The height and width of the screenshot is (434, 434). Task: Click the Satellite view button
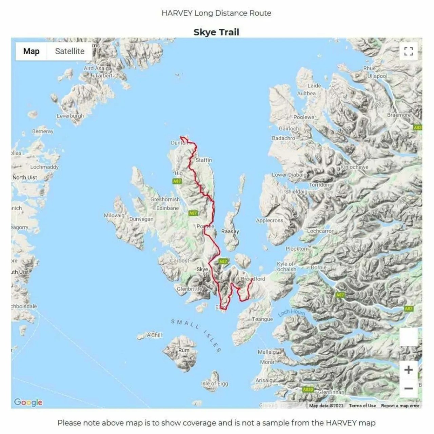click(70, 51)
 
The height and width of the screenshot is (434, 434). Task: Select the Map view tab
click(31, 51)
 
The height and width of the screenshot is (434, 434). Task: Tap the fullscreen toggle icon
click(408, 51)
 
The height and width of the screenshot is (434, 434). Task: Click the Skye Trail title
click(216, 32)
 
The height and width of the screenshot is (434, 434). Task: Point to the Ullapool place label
click(377, 76)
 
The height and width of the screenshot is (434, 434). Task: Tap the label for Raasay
click(230, 231)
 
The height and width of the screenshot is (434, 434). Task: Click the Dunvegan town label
click(141, 219)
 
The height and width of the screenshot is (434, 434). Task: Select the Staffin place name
click(204, 160)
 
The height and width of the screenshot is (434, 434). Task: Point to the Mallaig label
click(267, 352)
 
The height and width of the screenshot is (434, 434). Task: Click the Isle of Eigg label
click(214, 383)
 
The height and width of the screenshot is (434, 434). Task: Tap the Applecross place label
click(269, 220)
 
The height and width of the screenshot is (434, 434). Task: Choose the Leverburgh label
click(70, 116)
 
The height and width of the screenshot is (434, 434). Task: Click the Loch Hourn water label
click(292, 312)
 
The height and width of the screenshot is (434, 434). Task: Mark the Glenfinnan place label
click(331, 392)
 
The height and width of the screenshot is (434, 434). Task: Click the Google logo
click(28, 402)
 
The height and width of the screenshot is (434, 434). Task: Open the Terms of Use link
click(362, 406)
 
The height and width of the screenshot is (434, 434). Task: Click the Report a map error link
click(400, 406)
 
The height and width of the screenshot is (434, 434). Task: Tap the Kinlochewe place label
click(354, 167)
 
